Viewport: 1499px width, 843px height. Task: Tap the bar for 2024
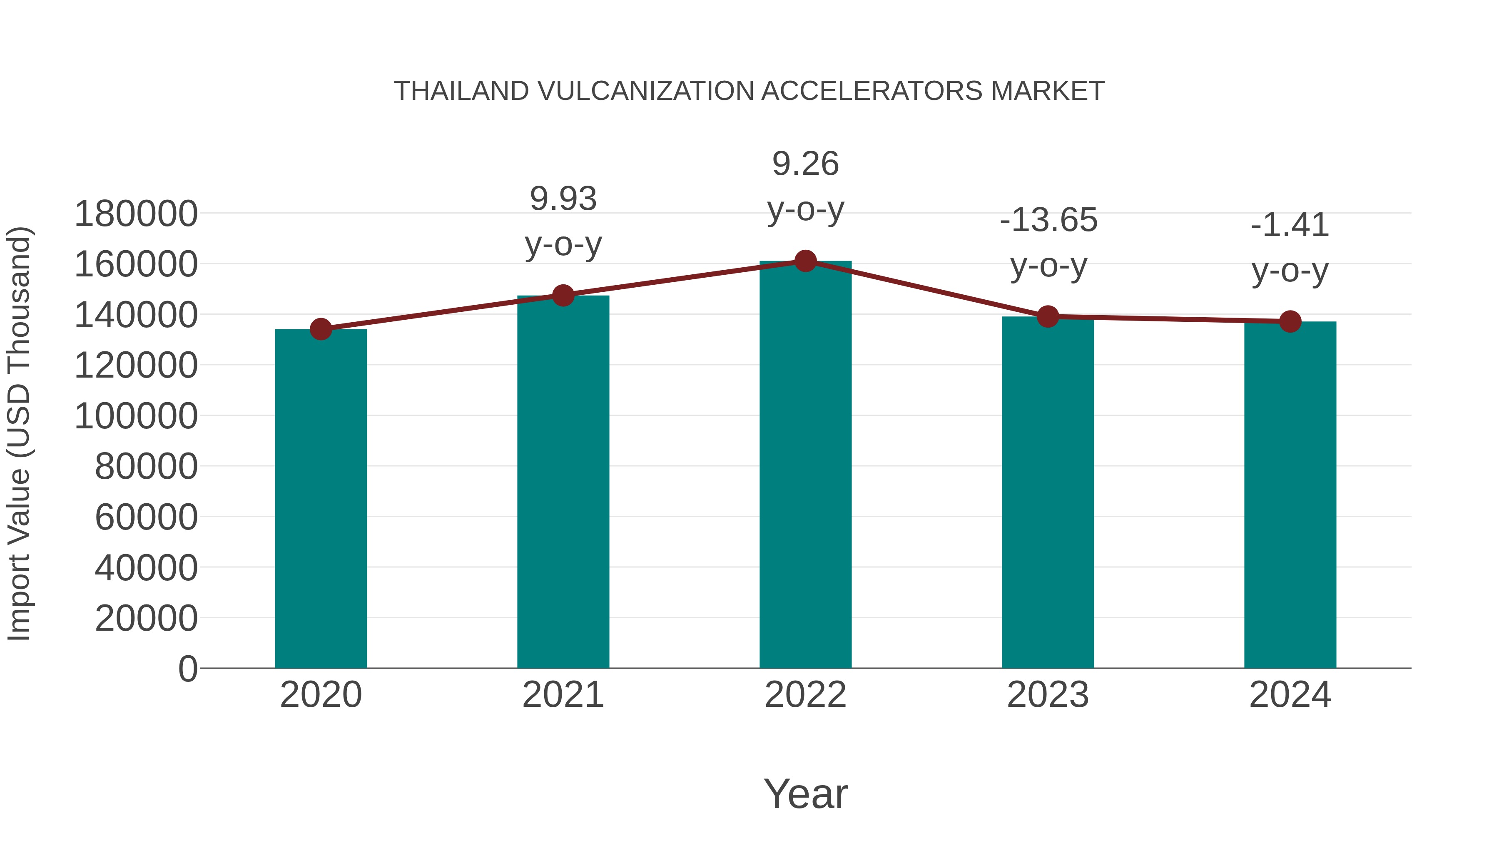tap(1290, 495)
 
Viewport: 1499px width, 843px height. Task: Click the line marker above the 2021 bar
tap(563, 296)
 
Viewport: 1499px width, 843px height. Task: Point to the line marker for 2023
tap(1048, 316)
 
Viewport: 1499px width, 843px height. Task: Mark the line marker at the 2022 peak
tap(805, 261)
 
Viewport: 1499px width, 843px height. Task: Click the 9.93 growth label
tap(563, 199)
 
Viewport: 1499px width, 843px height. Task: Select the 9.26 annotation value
tap(805, 164)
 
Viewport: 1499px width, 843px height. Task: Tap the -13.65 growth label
tap(1048, 221)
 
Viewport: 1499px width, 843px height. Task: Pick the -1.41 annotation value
tap(1290, 225)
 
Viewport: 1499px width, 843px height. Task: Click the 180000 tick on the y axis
tap(136, 214)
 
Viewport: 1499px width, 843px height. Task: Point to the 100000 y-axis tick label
tap(136, 417)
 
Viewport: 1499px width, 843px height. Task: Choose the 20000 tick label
tap(146, 619)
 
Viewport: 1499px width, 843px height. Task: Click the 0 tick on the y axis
tap(188, 669)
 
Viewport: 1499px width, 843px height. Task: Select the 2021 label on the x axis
tap(563, 695)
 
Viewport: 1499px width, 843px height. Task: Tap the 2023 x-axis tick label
tap(1048, 695)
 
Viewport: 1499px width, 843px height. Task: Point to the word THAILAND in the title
tap(461, 91)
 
